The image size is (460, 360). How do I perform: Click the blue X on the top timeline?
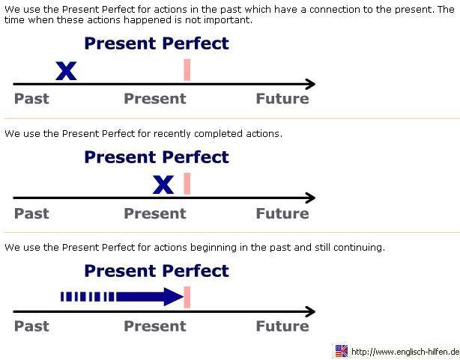pos(66,71)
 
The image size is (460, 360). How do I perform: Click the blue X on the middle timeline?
pos(163,185)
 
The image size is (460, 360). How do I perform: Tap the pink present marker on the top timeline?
pos(187,69)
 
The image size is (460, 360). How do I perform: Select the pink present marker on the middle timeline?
pos(187,183)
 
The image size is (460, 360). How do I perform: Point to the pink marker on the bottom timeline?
pos(187,296)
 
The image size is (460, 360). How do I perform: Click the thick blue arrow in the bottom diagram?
pos(150,297)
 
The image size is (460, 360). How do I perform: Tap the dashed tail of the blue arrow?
pos(87,297)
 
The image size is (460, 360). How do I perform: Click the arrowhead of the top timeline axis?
pos(309,85)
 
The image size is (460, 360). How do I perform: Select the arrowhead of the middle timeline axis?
pos(309,198)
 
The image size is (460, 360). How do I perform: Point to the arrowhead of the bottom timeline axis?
pos(309,311)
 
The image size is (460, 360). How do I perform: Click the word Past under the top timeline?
pos(31,99)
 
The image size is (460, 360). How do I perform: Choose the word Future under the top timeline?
pos(282,99)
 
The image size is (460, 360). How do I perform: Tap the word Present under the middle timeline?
pos(154,213)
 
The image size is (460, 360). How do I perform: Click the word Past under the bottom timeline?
pos(31,326)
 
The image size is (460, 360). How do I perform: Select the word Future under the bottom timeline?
pos(282,326)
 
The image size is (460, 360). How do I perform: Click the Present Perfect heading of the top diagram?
pos(156,43)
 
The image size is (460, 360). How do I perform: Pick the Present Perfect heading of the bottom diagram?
pos(156,270)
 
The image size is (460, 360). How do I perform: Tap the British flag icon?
pos(342,351)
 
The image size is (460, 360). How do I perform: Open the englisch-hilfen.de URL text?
pos(405,352)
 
